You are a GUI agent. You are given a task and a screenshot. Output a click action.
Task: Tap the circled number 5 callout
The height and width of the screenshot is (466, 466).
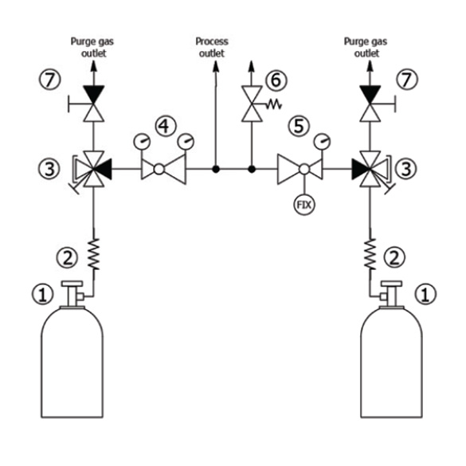[299, 126]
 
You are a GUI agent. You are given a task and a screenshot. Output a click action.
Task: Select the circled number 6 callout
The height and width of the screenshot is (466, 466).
[276, 80]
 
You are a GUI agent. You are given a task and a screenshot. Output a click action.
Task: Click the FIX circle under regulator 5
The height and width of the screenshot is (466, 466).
[304, 205]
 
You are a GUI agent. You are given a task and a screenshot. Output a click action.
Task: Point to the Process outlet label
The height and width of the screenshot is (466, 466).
[212, 48]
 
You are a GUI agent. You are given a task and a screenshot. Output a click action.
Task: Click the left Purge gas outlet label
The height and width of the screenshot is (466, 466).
[92, 48]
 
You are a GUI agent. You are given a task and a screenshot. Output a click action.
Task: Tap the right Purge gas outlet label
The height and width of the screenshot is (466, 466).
[366, 48]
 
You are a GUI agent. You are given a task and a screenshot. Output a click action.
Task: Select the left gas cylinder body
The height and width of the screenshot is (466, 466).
[72, 362]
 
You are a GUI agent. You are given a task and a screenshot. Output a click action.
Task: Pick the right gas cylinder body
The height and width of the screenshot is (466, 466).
[391, 362]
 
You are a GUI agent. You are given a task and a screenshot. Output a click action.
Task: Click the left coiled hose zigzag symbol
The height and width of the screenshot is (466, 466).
[94, 254]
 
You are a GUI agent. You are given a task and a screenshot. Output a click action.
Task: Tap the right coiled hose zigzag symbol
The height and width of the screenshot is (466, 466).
[370, 254]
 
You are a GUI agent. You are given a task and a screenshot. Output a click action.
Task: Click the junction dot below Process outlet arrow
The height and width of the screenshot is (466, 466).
[216, 170]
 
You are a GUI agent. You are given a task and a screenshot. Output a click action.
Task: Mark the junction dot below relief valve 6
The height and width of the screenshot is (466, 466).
[252, 170]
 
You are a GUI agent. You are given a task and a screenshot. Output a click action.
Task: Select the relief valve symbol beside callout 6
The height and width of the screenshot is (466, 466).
[252, 104]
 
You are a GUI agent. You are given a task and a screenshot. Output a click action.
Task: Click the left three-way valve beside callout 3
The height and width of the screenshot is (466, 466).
[94, 169]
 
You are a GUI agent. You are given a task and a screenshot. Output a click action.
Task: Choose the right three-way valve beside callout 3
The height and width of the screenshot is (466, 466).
[370, 169]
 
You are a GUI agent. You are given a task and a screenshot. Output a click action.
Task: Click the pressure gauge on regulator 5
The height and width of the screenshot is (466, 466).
[322, 142]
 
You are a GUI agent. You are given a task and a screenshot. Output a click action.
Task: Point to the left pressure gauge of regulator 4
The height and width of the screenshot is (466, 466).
[142, 142]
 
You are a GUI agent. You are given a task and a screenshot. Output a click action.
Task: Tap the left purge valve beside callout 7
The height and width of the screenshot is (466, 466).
[94, 104]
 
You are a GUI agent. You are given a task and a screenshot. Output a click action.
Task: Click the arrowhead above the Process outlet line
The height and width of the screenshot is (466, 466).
[216, 66]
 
